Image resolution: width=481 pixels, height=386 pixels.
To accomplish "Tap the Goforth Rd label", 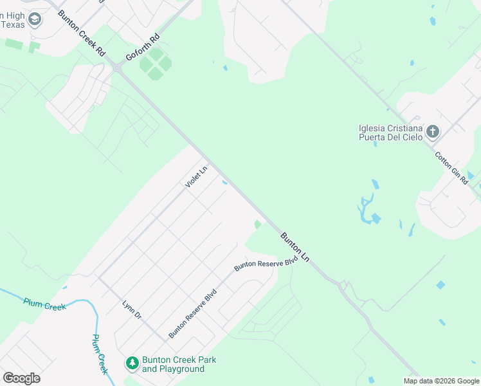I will tap(142, 48).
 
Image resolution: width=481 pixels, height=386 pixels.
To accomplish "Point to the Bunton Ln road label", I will tap(295, 247).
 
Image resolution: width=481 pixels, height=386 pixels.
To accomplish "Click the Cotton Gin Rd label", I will tap(451, 169).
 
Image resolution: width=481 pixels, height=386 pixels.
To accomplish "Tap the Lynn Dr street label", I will tap(132, 310).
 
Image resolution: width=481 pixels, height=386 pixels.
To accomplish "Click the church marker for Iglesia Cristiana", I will tap(433, 133).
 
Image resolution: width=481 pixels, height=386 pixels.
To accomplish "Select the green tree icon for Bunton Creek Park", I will tap(132, 364).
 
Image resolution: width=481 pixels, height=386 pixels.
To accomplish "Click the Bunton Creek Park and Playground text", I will tap(173, 364).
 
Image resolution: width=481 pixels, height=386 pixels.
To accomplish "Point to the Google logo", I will tap(21, 378).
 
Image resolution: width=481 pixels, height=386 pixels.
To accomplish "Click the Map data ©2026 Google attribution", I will tap(441, 381).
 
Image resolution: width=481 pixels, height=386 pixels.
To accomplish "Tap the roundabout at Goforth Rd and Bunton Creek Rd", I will tap(117, 67).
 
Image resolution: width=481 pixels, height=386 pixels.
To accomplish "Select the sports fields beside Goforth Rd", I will tap(156, 64).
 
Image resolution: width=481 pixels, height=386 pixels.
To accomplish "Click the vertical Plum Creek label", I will tap(99, 354).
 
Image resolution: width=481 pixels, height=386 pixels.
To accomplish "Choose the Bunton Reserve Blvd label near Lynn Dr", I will tap(193, 314).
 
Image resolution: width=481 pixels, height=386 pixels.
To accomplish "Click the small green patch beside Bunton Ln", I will tap(258, 225).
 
